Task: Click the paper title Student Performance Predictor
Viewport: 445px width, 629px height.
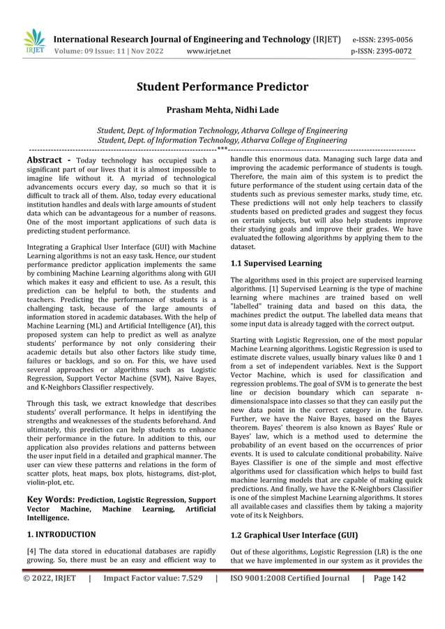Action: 222,87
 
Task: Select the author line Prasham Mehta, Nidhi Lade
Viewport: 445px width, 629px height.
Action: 222,110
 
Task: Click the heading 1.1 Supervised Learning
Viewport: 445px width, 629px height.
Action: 276,264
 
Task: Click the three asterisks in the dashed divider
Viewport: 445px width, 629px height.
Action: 222,149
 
